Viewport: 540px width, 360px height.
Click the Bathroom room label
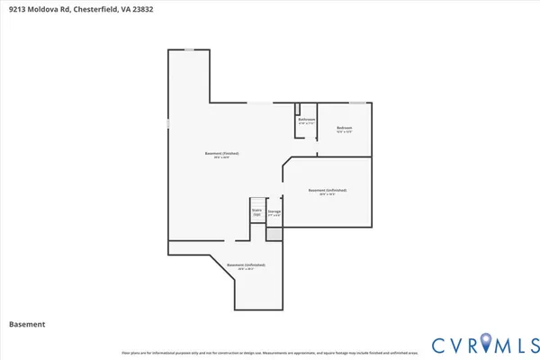click(306, 120)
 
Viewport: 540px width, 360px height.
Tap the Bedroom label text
click(344, 129)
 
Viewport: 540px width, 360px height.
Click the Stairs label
click(256, 212)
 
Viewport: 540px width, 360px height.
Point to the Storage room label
click(274, 212)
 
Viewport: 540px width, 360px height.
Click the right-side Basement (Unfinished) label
click(327, 191)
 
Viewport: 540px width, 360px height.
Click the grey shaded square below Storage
click(274, 233)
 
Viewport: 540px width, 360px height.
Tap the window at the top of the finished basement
click(189, 49)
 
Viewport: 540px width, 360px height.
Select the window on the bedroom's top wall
click(357, 103)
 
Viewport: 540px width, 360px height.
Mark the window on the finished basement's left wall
click(168, 121)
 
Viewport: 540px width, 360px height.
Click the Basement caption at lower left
click(27, 324)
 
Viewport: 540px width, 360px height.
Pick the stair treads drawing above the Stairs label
click(256, 203)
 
